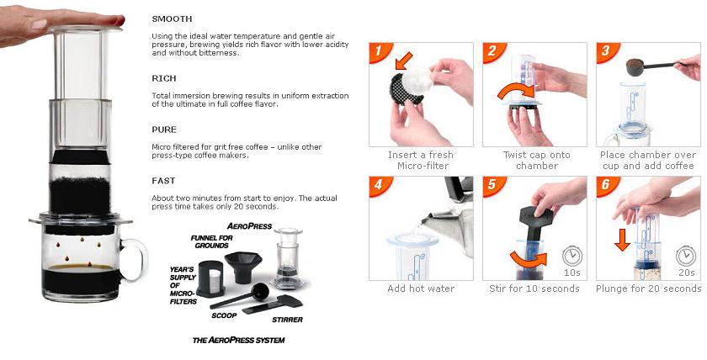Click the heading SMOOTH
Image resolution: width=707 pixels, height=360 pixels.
click(x=172, y=19)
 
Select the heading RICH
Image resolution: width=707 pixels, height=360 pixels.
click(x=163, y=78)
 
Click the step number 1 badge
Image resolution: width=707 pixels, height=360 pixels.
click(x=380, y=53)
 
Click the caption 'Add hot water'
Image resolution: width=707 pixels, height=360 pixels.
click(x=421, y=289)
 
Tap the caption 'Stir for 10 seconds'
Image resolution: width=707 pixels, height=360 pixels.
click(x=534, y=289)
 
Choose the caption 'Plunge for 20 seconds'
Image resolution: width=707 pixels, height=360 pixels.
click(x=648, y=289)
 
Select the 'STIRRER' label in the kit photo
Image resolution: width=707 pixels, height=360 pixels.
click(x=287, y=320)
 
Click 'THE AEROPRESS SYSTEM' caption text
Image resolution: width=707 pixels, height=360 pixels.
click(x=239, y=340)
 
